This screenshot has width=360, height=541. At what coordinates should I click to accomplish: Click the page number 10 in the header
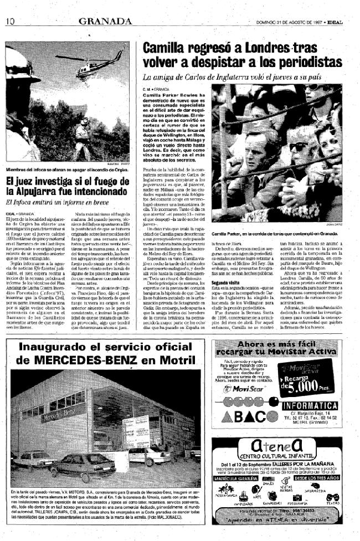click(9, 21)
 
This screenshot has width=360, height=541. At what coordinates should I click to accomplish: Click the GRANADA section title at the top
click(104, 21)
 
